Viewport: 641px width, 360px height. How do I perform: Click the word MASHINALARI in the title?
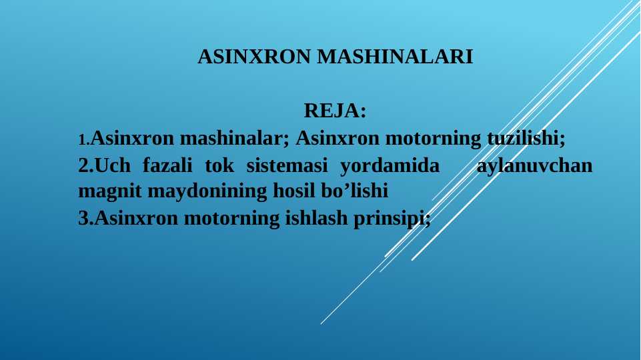coord(395,57)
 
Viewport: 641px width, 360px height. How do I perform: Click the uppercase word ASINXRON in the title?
coord(254,57)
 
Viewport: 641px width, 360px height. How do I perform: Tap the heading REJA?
coord(335,111)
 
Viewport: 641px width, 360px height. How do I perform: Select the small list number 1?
coord(84,140)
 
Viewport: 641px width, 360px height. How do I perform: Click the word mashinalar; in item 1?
coord(235,138)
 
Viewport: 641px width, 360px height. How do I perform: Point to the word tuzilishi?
coord(526,138)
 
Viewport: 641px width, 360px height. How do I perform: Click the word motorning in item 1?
coord(434,139)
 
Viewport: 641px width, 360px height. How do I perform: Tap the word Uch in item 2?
coord(113,165)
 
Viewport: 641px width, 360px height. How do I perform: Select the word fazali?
coord(167,165)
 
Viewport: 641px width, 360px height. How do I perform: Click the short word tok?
coord(219,165)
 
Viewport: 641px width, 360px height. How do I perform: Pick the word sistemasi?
coord(287,165)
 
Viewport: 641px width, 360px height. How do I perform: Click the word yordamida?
coord(390,166)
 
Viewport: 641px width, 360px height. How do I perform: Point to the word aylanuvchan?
coord(534,166)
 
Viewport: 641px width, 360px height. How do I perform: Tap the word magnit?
coord(109,191)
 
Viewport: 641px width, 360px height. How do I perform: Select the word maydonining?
coord(207,191)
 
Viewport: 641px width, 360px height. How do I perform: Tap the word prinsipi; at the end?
coord(392,219)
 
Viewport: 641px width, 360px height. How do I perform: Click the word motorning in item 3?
coord(231,219)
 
